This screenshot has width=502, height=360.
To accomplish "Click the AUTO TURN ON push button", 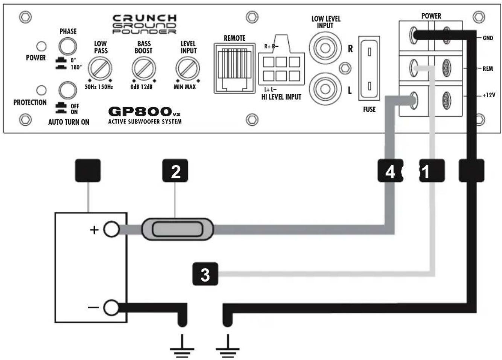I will click(x=68, y=90).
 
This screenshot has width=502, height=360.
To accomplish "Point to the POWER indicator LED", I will click(x=41, y=46).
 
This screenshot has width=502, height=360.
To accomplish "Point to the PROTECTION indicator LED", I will click(x=41, y=90).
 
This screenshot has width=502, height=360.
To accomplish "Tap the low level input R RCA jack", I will click(x=325, y=48).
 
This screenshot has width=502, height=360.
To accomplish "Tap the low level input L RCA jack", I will click(x=325, y=89).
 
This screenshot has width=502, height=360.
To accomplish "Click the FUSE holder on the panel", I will click(x=369, y=69).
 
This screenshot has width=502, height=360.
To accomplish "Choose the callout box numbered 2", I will click(x=175, y=171).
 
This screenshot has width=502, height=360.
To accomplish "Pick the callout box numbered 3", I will click(x=205, y=274).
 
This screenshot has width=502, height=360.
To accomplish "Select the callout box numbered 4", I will click(x=390, y=171).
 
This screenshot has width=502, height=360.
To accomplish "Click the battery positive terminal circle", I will click(x=111, y=229).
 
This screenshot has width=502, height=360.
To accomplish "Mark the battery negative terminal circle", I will click(x=111, y=308).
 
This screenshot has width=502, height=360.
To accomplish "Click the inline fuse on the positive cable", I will click(x=177, y=229).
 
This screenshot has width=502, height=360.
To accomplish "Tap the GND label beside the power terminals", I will click(x=488, y=38).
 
